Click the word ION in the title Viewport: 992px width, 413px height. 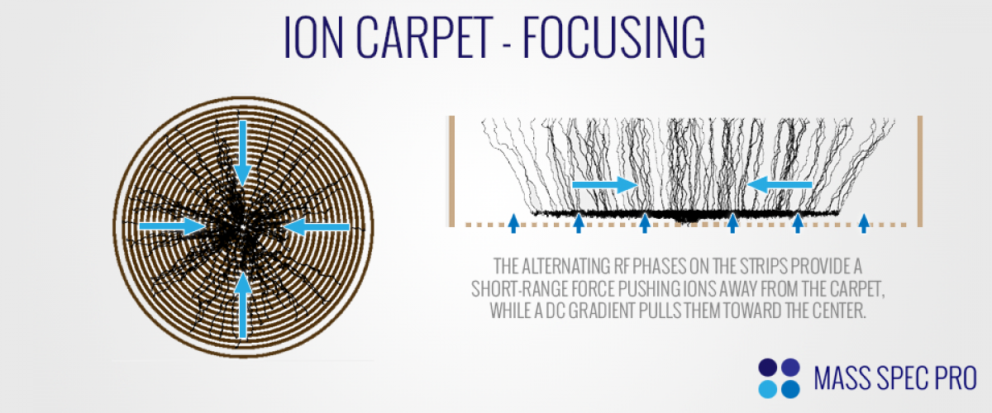click(313, 37)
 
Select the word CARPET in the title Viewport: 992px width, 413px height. click(424, 37)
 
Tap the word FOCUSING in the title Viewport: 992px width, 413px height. click(613, 37)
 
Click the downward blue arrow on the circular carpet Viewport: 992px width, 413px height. click(242, 153)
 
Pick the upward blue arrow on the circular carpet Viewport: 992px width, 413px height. click(243, 305)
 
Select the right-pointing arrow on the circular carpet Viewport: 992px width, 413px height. click(172, 226)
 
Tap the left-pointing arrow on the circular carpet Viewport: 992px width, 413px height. click(316, 226)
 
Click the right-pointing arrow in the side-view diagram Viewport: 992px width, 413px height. click(604, 184)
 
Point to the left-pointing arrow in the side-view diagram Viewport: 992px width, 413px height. click(780, 184)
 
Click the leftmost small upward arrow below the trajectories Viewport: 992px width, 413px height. click(513, 223)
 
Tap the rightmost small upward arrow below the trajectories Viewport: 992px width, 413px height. click(864, 223)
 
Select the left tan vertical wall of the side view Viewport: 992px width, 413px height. click(451, 171)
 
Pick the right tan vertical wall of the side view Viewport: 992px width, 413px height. click(920, 171)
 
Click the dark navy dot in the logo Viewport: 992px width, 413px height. click(767, 368)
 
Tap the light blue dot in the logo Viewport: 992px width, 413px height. click(767, 389)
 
